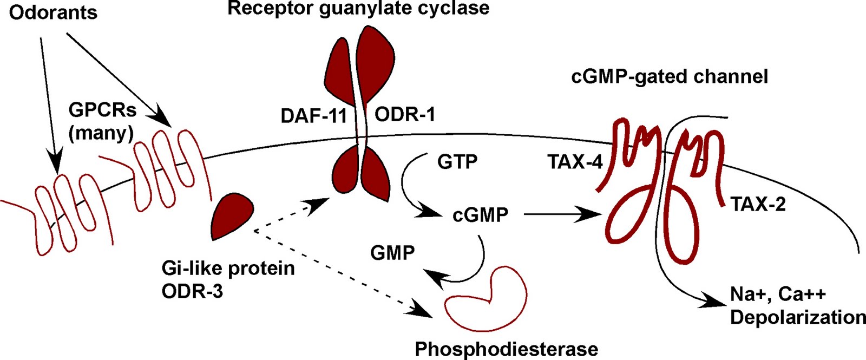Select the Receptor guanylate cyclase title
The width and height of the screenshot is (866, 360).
click(358, 8)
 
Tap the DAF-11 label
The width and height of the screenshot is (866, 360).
click(313, 116)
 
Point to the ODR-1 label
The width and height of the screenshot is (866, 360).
click(405, 115)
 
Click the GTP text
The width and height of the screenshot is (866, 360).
click(457, 161)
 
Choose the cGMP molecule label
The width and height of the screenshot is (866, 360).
click(481, 215)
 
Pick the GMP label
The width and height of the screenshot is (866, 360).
click(392, 252)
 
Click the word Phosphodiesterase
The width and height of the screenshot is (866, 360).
click(507, 349)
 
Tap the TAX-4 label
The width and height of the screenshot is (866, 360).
click(575, 162)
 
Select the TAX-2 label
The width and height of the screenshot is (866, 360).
click(758, 204)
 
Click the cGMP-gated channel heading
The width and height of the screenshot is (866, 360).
click(670, 76)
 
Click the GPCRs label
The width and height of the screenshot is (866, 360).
click(102, 110)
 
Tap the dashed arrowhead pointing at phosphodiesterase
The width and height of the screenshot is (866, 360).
click(425, 311)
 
